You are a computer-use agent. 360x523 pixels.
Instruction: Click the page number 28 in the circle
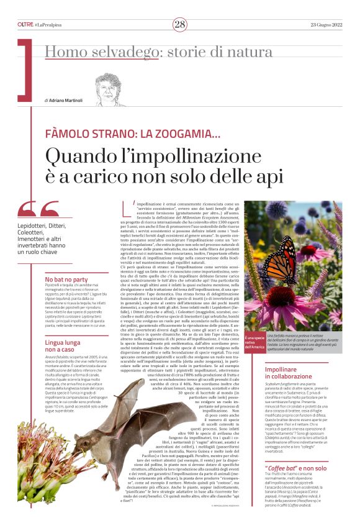pos(180,24)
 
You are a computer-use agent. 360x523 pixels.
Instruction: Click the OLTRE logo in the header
pos(25,24)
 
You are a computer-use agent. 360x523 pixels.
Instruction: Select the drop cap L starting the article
pos(133,207)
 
